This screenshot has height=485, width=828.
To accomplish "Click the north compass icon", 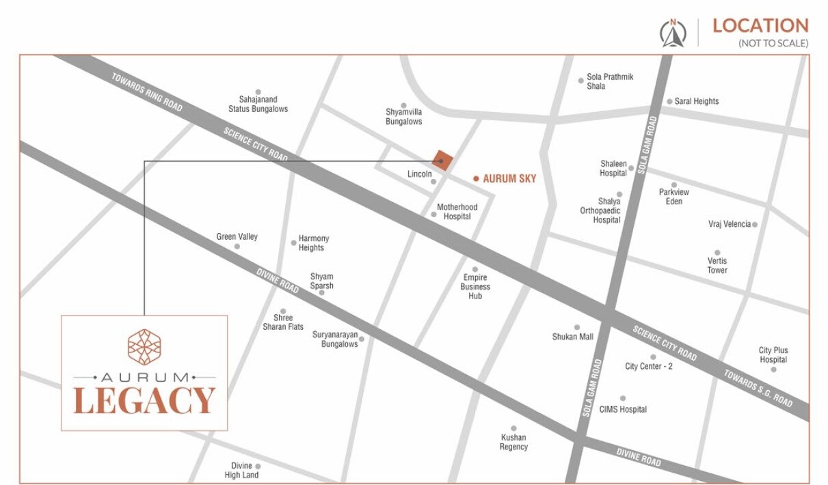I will coord(673,33).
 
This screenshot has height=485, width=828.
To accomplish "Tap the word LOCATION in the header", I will coord(760,26).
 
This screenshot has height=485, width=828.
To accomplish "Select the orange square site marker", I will coord(442,161).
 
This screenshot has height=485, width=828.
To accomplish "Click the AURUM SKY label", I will coord(509,179).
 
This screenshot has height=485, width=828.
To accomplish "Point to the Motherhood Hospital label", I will coord(457,212).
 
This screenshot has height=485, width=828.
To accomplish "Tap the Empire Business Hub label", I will coord(475,287).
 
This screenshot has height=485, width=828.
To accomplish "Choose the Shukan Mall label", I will coord(572,337).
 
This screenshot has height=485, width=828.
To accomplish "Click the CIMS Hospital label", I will coord(623,409).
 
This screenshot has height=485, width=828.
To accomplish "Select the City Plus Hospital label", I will coord(773,355).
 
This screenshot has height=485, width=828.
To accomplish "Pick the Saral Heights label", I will coord(696,101).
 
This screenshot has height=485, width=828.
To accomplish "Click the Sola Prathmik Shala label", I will coord(610,81).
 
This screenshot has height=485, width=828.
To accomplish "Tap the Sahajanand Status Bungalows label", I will coord(258,104).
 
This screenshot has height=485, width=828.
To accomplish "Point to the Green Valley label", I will coord(237,237).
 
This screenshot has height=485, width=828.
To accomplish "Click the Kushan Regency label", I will coord(513,442).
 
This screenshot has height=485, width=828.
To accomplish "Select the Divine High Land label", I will coord(242,470).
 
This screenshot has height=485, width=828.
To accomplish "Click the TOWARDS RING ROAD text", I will coord(147,92).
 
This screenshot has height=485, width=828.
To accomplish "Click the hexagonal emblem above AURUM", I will coord(144,346).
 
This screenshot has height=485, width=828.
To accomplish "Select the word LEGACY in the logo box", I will coord(144,401).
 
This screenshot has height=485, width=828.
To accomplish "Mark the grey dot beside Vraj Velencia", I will coord(755,224).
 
